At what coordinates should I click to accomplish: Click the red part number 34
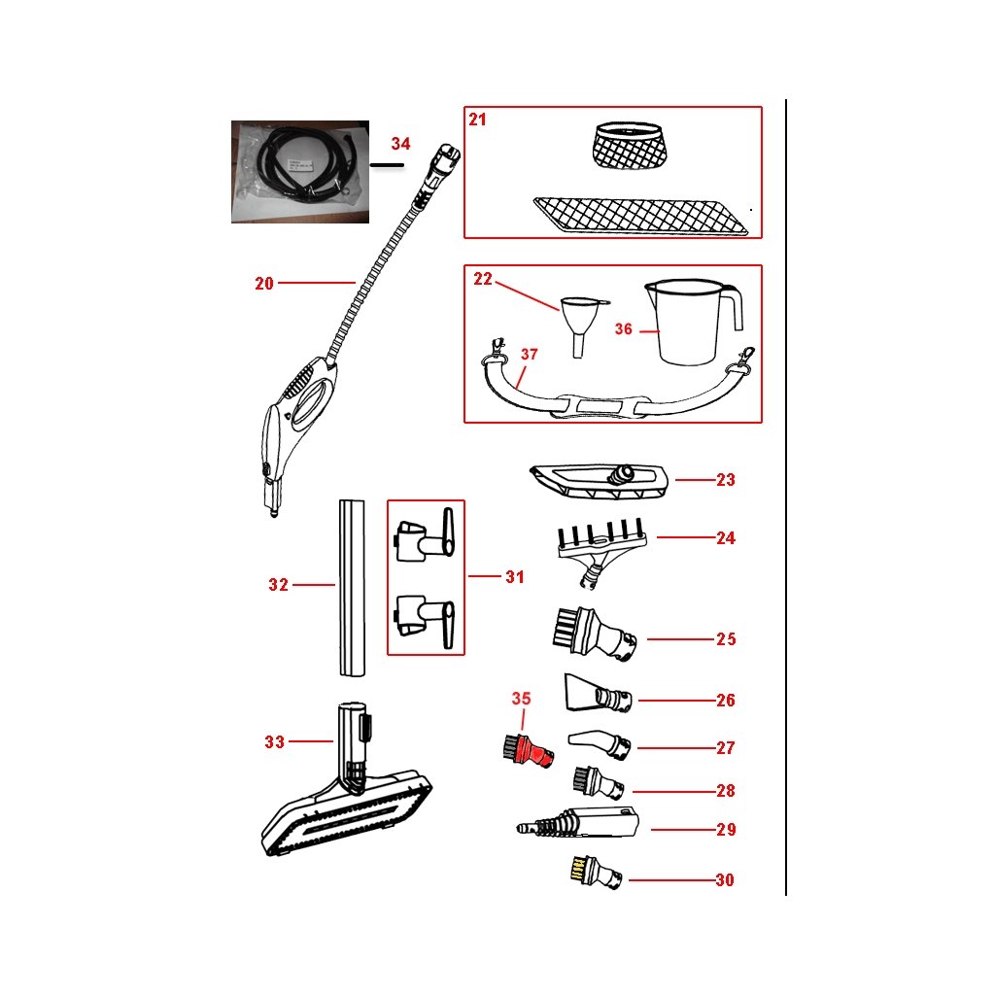click(x=400, y=144)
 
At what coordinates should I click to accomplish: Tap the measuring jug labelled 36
click(x=694, y=322)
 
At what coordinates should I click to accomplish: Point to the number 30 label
click(x=724, y=880)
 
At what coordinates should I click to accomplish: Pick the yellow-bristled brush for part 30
click(x=593, y=872)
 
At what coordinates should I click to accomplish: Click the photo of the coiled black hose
click(x=300, y=171)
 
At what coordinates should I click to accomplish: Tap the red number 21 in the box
click(x=477, y=120)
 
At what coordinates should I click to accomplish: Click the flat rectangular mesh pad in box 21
click(x=644, y=215)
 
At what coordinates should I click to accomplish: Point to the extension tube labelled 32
click(x=351, y=587)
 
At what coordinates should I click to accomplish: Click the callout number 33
click(x=275, y=742)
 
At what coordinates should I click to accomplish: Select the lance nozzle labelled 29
click(x=577, y=824)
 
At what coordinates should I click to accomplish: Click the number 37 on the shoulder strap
click(x=529, y=355)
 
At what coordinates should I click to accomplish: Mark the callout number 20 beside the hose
click(x=264, y=284)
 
